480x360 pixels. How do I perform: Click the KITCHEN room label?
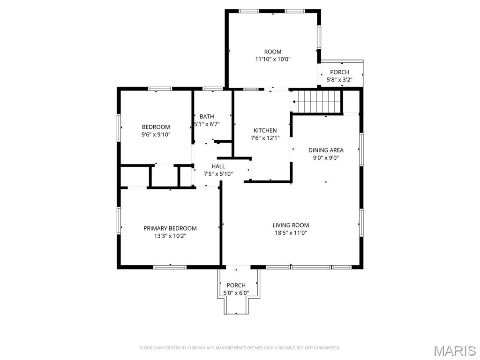coord(265,130)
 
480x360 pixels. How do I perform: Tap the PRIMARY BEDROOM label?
coord(170,228)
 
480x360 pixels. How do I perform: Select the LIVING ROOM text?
coord(291,225)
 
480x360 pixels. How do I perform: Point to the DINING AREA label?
coord(326,150)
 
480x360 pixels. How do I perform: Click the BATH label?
coord(207,116)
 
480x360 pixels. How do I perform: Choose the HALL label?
coord(218,166)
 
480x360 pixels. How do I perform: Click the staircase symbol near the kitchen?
coord(316,101)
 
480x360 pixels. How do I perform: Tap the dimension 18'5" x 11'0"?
coord(291,232)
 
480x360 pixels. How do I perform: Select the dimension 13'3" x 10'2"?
coord(170,236)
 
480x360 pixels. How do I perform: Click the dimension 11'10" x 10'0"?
coord(273,59)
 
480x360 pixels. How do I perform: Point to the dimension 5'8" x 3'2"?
coord(339,80)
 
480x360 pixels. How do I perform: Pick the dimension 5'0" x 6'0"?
coord(236,293)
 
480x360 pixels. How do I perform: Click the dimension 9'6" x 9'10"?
coord(156,134)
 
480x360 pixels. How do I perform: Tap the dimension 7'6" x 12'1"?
coord(265,138)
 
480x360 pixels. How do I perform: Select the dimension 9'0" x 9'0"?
coord(326,157)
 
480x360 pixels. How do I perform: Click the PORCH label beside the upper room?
coord(339,72)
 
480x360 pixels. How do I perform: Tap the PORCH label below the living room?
coord(236,285)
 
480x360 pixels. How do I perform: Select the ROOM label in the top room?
coord(273,52)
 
